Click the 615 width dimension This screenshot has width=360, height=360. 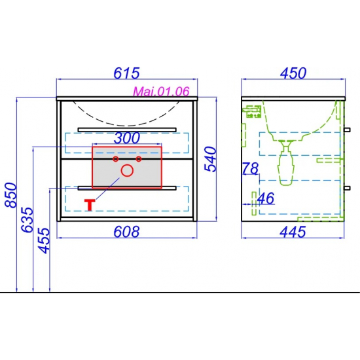(126, 73)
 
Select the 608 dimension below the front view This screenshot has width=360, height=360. (126, 232)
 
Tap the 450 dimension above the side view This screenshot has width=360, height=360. (293, 73)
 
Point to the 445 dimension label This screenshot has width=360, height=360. (293, 232)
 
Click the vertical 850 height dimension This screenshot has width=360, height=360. (10, 195)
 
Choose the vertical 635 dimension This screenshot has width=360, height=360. (27, 220)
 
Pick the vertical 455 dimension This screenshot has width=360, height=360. (44, 240)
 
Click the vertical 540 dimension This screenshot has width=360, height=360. (210, 159)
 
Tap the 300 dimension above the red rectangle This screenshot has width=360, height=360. (127, 137)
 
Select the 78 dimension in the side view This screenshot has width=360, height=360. (251, 168)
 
